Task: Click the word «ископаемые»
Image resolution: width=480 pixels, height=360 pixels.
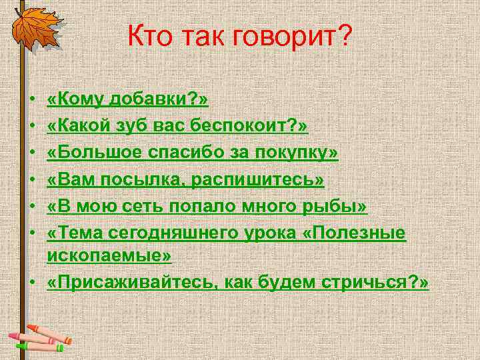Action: pos(109,256)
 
